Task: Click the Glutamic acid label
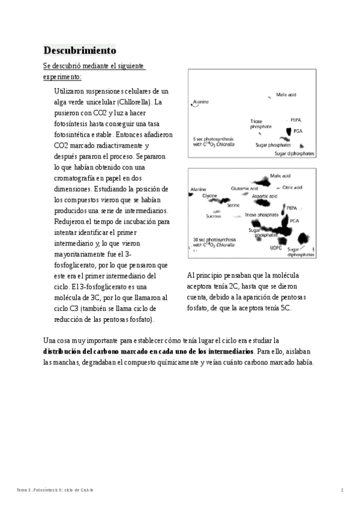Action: coord(244,188)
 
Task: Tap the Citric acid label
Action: coord(292,188)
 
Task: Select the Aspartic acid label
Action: coord(264,196)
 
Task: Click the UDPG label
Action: coord(275,247)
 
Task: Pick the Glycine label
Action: coord(209,196)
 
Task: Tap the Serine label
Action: coord(233,205)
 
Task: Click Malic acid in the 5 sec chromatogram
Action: coord(286,95)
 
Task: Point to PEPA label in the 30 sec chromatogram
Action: coord(292,208)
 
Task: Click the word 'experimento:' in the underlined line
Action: coord(62,77)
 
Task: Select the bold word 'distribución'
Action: coord(65,351)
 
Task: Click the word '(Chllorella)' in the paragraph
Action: coord(135,102)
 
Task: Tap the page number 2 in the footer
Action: coord(342,490)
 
